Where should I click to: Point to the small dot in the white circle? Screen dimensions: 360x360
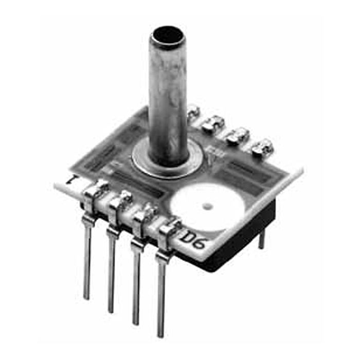[207, 207]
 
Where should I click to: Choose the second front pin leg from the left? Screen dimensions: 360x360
[111, 273]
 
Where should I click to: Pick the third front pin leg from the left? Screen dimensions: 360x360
[136, 283]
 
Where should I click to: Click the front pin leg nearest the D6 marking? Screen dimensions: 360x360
[161, 293]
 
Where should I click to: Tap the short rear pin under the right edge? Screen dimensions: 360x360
[262, 238]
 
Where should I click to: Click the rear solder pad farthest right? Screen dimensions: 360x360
[263, 147]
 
